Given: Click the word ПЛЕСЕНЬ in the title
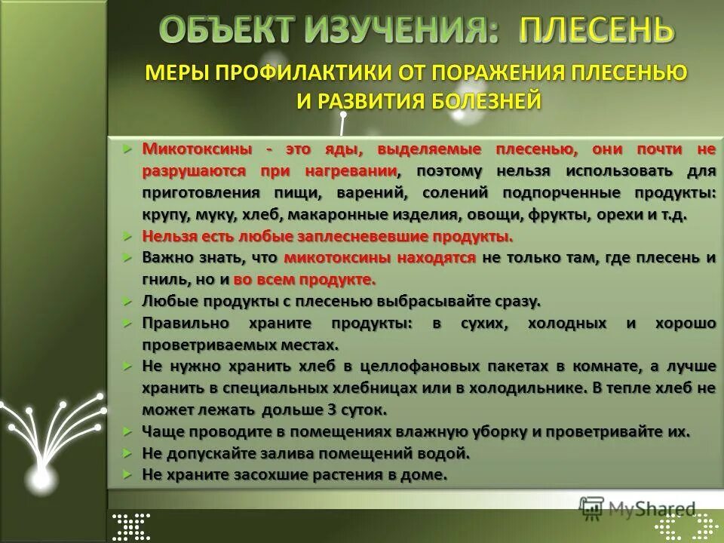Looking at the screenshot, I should click(597, 31).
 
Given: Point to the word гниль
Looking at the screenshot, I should click(164, 279).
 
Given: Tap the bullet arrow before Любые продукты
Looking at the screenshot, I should click(127, 300).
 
